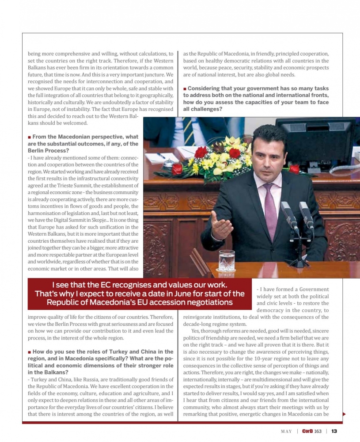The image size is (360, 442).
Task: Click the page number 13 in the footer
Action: pyautogui.click(x=334, y=431)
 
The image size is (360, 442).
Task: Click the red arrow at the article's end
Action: pyautogui.click(x=344, y=414)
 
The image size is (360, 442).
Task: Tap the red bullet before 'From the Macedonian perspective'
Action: pyautogui.click(x=29, y=137)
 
